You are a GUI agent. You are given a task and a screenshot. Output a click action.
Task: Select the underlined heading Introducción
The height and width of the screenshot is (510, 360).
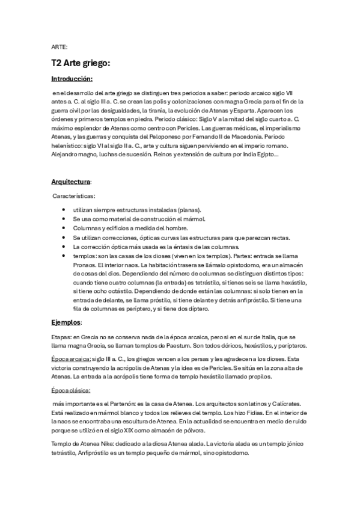pos(72,79)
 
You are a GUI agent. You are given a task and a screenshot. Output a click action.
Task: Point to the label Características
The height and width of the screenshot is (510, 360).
pos(73,196)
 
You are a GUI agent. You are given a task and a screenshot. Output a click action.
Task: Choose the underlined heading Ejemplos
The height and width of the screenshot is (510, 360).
pos(66,322)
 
